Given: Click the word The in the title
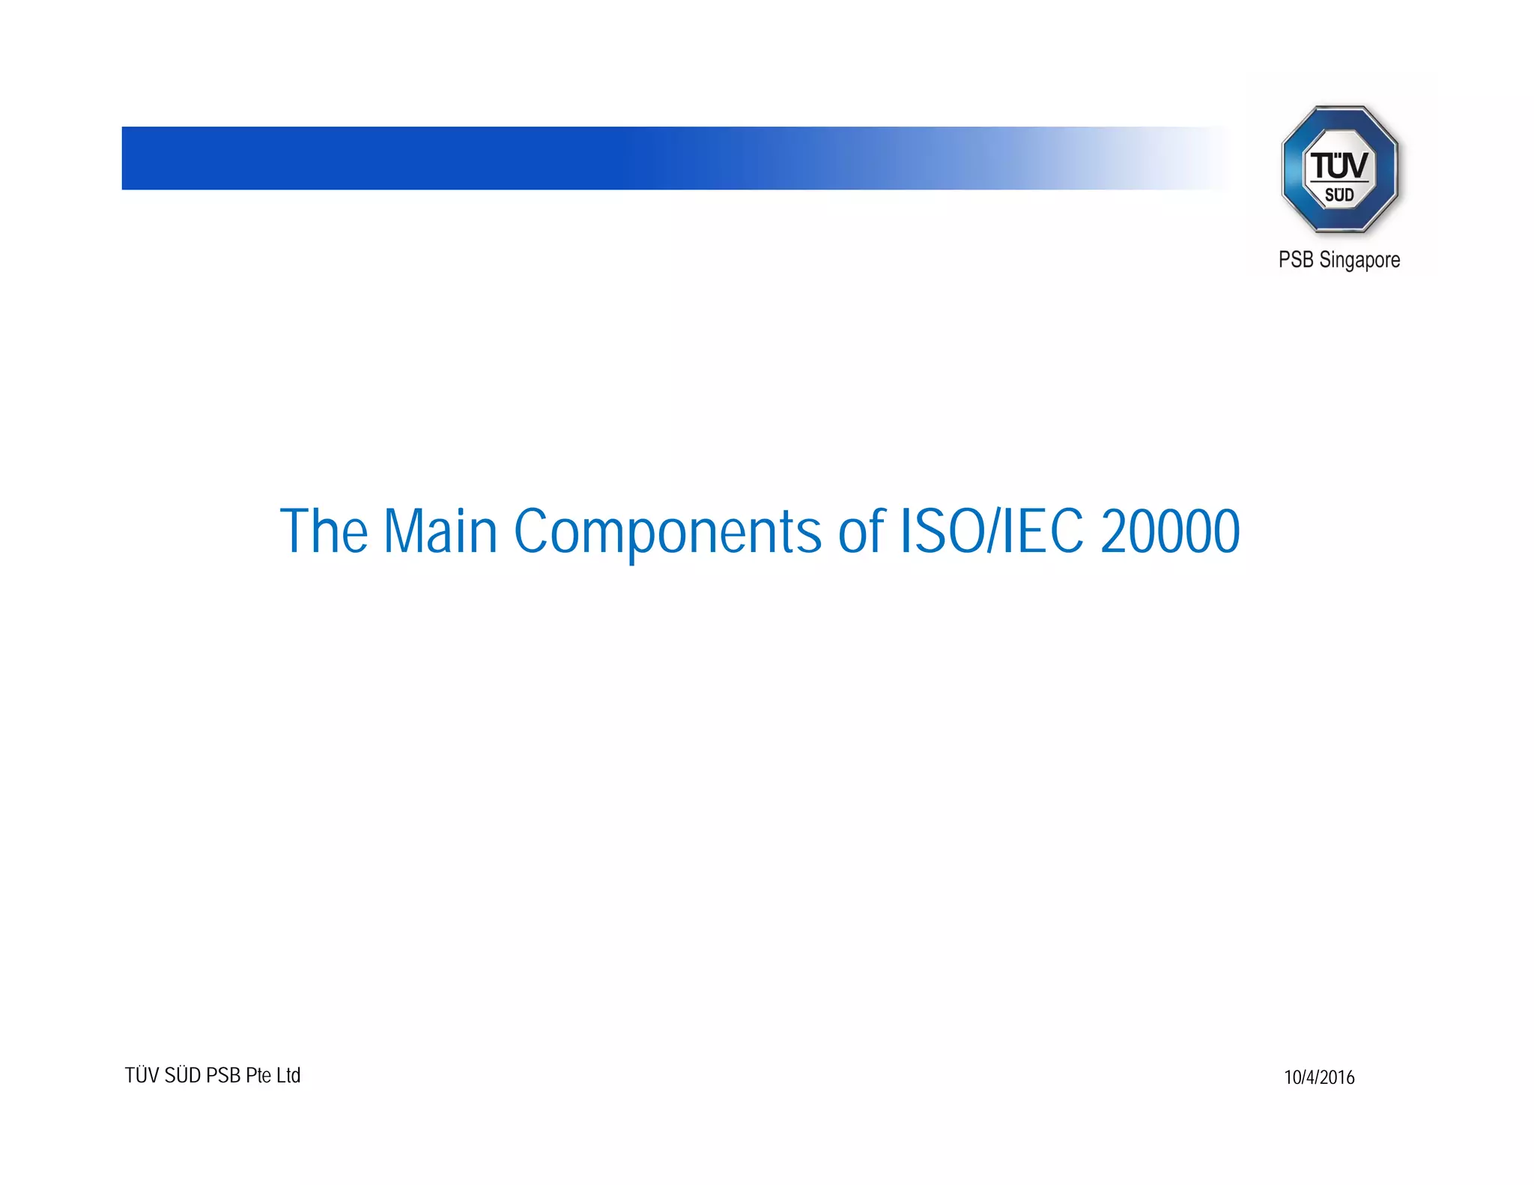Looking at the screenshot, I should [324, 531].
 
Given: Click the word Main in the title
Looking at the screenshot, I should [440, 531].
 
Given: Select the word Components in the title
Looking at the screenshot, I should [667, 531].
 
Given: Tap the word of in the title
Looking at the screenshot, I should [861, 531].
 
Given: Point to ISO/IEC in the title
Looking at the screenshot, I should [990, 531].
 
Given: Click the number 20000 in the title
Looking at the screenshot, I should [1170, 531].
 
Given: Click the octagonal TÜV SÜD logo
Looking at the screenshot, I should [1339, 169].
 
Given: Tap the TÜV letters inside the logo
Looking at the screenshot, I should [1339, 165].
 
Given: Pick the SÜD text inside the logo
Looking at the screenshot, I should [1339, 196].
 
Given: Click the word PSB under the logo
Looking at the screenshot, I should [1296, 260].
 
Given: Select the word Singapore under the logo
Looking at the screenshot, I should [1359, 260].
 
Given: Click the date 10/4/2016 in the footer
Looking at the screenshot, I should [1319, 1077].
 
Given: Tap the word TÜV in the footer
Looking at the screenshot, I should [142, 1076].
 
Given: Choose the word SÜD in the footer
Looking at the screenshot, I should [183, 1076].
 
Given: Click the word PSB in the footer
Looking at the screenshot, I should [222, 1076].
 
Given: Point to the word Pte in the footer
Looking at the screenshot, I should [258, 1076].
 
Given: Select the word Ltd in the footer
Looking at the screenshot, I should [288, 1076].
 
